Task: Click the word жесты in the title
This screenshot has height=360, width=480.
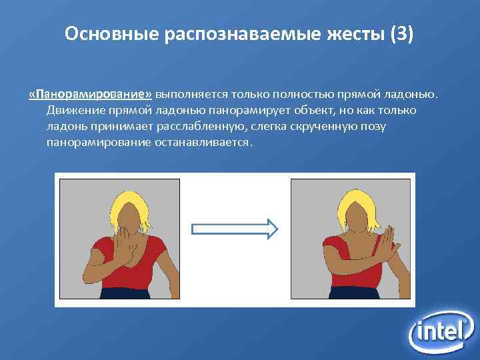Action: (x=347, y=34)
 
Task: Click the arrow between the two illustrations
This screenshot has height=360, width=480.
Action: (x=234, y=229)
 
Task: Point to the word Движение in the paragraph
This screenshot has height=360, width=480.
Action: (x=73, y=110)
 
